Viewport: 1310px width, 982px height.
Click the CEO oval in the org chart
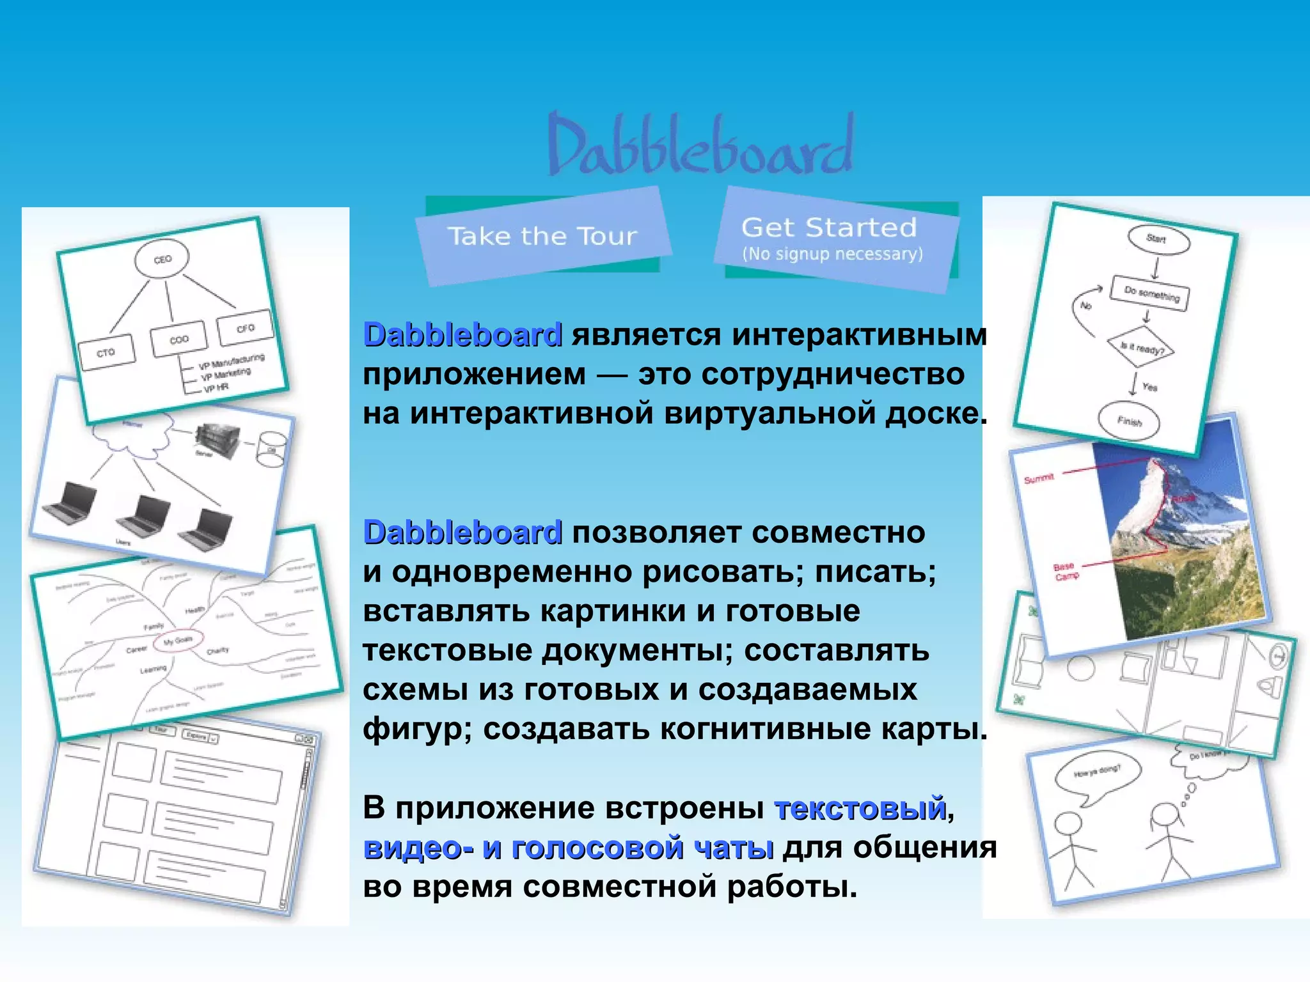point(162,260)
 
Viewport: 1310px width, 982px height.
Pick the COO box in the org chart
point(179,339)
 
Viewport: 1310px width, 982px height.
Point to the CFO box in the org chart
point(245,329)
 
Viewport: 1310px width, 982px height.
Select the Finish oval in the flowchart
point(1129,421)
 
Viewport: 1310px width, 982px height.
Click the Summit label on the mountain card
point(1039,478)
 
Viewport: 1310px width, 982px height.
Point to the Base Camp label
point(1065,571)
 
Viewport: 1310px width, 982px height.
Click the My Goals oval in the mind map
point(178,640)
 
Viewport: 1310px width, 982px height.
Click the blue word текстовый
point(860,808)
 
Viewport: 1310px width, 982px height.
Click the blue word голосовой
point(598,848)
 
